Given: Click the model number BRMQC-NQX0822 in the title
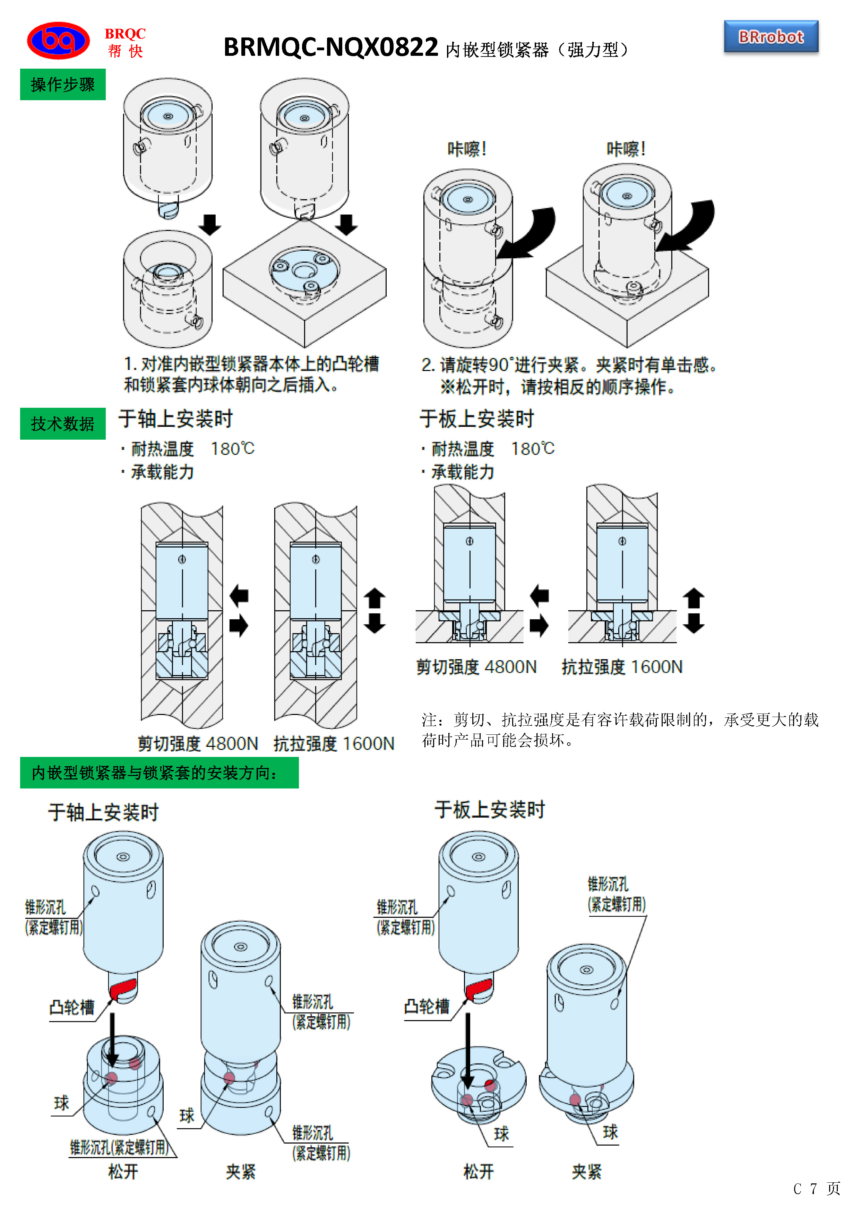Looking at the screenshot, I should [330, 48].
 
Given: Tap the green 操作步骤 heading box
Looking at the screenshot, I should [62, 84].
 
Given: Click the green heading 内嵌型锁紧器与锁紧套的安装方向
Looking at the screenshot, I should [159, 773].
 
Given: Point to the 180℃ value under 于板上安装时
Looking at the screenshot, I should [532, 449].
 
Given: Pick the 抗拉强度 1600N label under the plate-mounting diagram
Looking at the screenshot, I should [622, 667].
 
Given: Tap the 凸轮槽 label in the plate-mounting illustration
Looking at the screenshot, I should [426, 1006].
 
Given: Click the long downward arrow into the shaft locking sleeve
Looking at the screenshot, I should [112, 1040].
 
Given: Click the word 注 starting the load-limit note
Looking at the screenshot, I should [429, 720].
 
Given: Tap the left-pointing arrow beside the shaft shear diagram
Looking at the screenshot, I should [239, 596].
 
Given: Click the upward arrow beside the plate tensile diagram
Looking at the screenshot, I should [693, 598].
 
